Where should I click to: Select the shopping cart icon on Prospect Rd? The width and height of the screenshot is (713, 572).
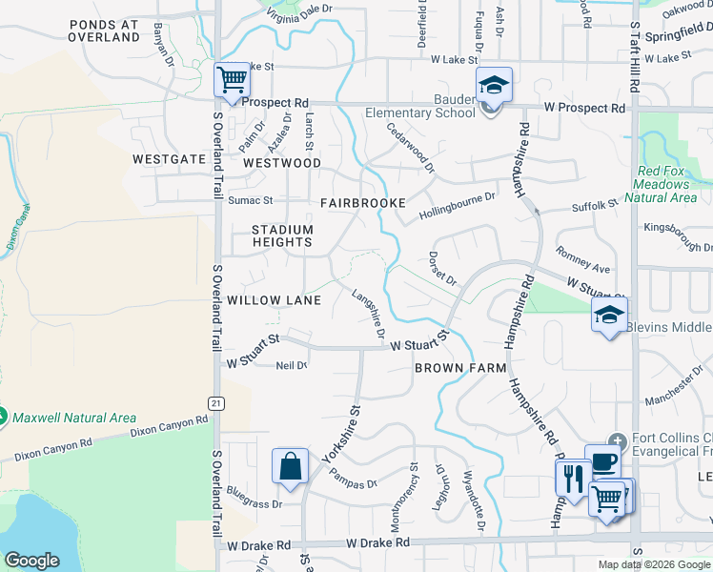[232, 81]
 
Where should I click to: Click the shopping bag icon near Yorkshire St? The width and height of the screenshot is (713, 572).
[290, 467]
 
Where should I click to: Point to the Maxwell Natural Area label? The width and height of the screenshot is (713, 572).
[74, 418]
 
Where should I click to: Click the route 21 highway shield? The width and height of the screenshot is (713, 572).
[217, 404]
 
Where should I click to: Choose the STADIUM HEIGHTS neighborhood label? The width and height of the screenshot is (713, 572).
[282, 235]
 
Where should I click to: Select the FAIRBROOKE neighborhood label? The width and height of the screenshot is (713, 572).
[363, 203]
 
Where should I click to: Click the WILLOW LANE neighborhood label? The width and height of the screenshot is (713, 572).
[273, 299]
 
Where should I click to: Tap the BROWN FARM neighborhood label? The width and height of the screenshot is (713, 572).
[451, 367]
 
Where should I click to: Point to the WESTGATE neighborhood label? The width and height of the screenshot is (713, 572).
[169, 159]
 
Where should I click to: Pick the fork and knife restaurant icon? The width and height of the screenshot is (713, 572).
[573, 477]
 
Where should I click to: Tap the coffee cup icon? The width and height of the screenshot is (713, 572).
[602, 462]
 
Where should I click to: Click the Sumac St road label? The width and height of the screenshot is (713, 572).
[250, 201]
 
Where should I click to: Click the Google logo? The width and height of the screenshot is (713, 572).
[31, 561]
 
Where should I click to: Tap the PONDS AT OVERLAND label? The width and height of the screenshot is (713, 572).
[104, 31]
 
